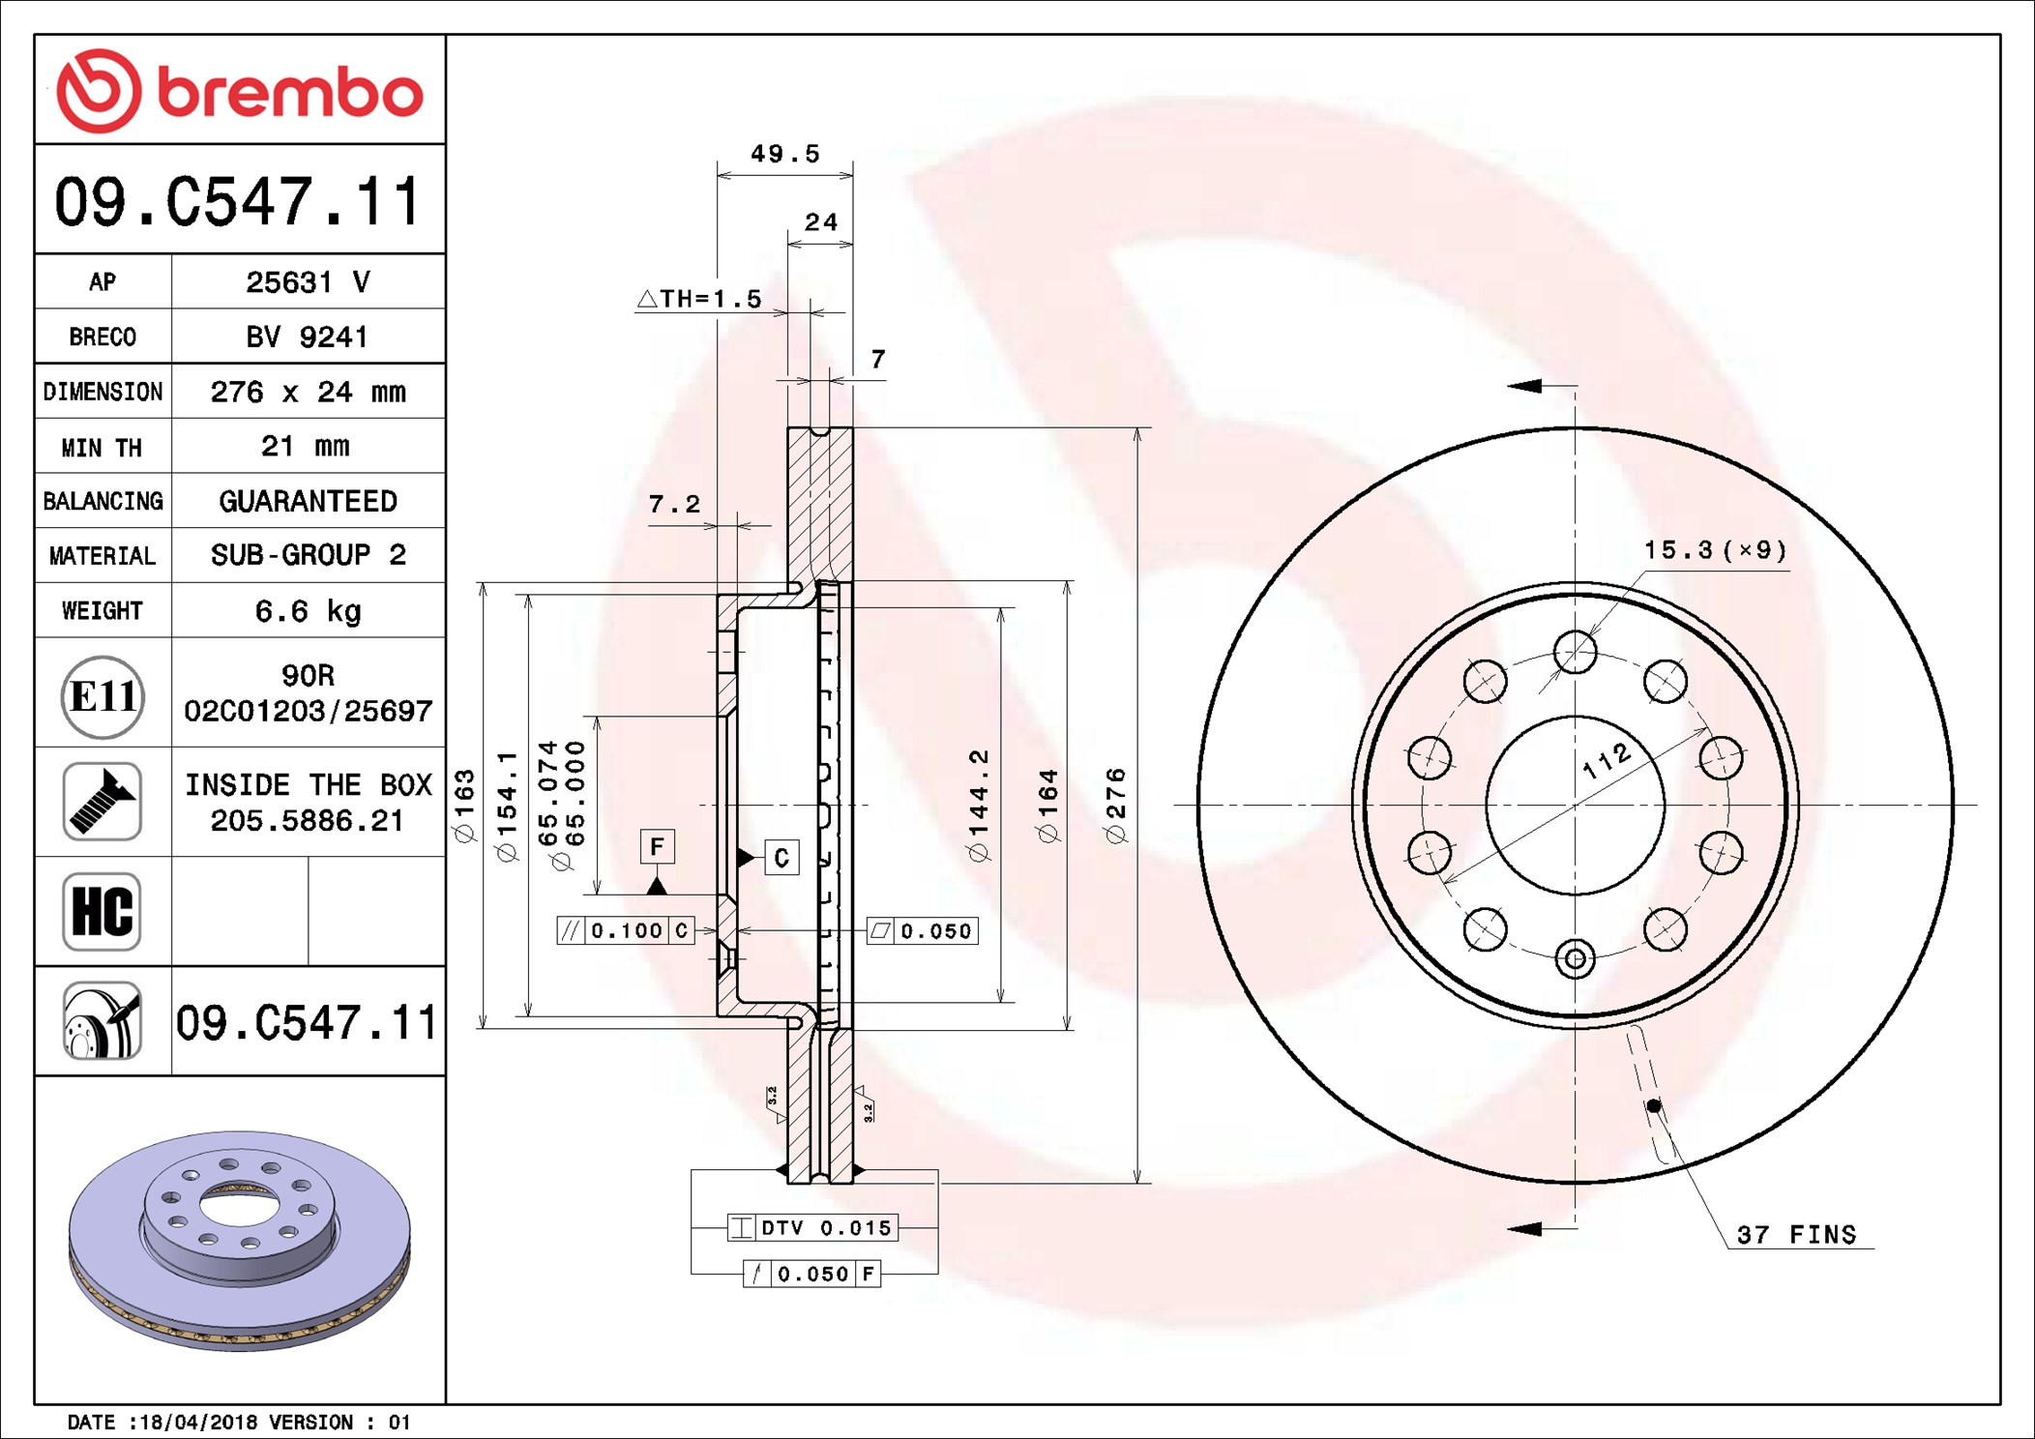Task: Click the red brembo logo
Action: click(239, 91)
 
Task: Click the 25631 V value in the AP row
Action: click(308, 282)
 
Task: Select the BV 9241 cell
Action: click(308, 337)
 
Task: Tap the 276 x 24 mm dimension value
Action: click(308, 392)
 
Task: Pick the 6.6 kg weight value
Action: click(308, 611)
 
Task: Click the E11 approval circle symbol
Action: click(103, 696)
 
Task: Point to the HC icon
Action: click(103, 911)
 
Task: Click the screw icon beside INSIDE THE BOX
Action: click(103, 802)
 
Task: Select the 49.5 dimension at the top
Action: click(784, 154)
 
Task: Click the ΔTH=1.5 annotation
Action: click(699, 299)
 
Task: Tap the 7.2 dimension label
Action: click(674, 504)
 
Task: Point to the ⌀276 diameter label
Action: click(1116, 805)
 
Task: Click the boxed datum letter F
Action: click(657, 847)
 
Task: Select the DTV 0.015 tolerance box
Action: click(812, 1227)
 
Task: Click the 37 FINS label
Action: click(1796, 1235)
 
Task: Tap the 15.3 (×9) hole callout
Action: click(1715, 550)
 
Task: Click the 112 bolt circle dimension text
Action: click(1607, 761)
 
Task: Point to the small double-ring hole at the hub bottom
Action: click(1575, 958)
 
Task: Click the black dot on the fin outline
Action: click(1654, 1105)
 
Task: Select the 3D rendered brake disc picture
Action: click(239, 1240)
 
